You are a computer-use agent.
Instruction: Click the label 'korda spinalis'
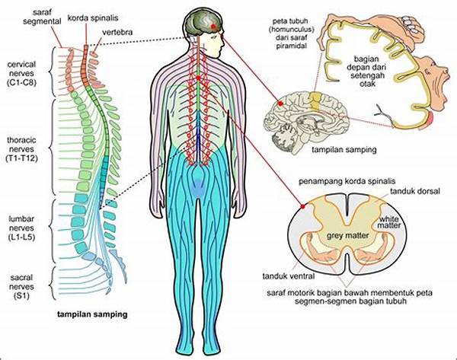(93, 18)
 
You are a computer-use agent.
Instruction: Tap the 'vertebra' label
(117, 32)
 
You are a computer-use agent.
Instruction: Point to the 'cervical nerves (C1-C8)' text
(22, 73)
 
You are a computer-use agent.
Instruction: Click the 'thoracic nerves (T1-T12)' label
(22, 149)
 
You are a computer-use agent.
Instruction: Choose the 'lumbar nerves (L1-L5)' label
(22, 228)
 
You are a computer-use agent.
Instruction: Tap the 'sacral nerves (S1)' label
(21, 287)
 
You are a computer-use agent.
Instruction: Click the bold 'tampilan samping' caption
(92, 314)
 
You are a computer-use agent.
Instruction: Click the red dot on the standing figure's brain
(213, 27)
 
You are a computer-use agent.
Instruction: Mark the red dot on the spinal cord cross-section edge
(303, 206)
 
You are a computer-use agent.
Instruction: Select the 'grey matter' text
(348, 236)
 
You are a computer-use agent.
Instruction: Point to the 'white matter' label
(389, 222)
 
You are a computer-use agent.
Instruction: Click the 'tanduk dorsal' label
(415, 191)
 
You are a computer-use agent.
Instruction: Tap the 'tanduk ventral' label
(289, 276)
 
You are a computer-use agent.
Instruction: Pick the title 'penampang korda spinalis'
(347, 181)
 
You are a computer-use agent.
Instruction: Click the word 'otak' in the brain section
(367, 84)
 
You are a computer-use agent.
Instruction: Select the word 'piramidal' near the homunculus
(292, 46)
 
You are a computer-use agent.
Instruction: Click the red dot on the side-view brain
(280, 104)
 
